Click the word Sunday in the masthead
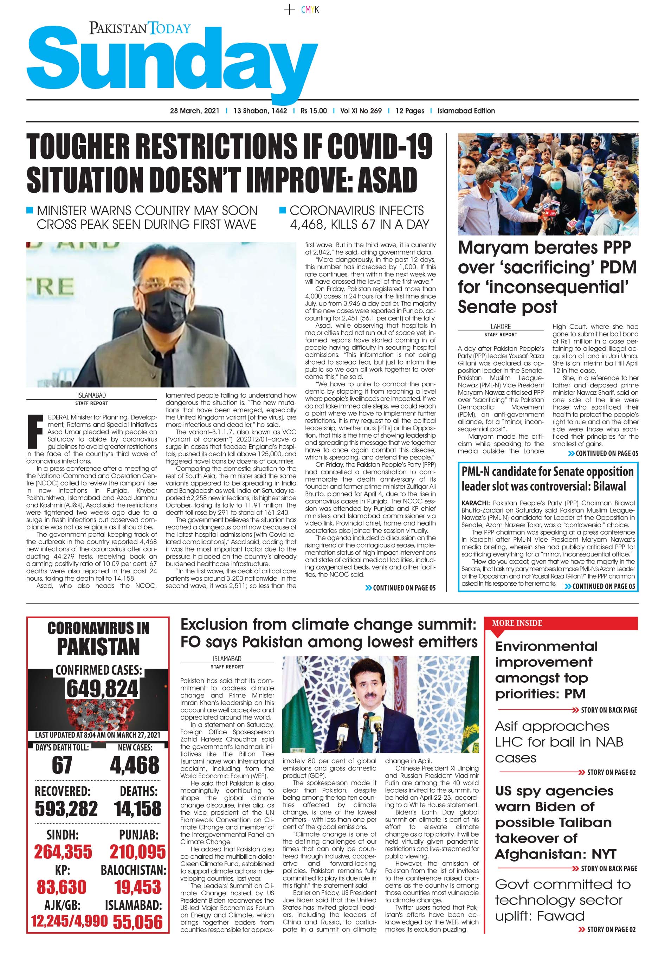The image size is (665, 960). click(x=171, y=63)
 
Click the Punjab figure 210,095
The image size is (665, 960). click(x=137, y=852)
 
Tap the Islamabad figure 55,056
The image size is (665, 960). click(x=137, y=922)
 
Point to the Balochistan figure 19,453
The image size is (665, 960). click(x=137, y=887)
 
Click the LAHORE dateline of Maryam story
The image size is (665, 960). click(x=501, y=327)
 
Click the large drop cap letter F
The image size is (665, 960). click(x=35, y=432)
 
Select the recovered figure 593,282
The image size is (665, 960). click(x=66, y=809)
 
